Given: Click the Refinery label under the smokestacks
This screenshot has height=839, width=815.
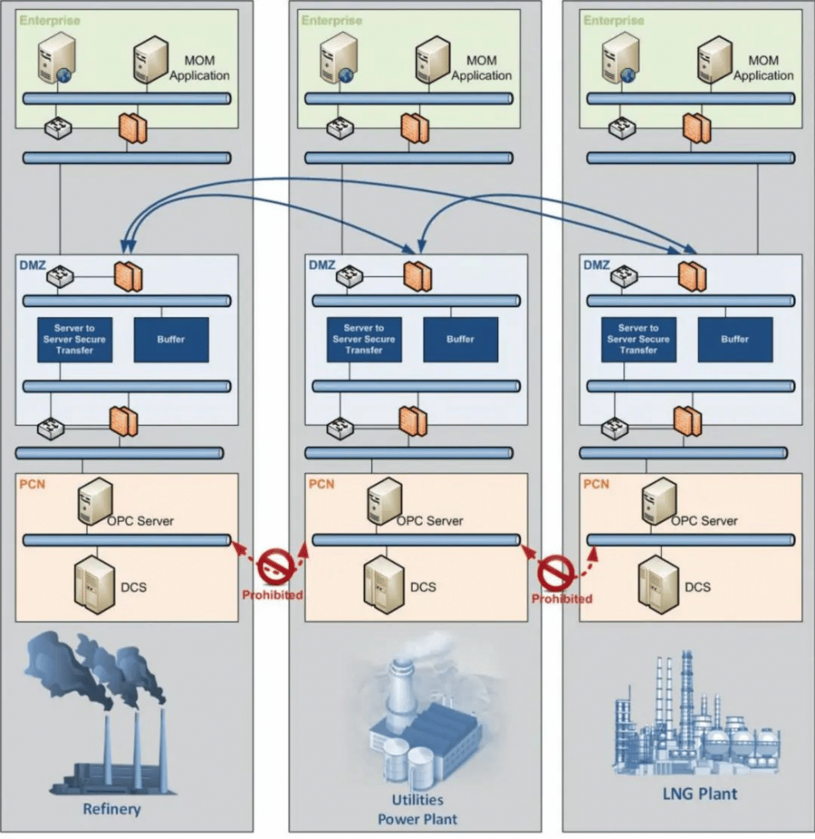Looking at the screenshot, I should coord(111,810).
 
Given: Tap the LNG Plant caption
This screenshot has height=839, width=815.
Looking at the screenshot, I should coord(700,793).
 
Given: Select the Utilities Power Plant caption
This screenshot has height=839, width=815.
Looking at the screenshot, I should coord(417,809).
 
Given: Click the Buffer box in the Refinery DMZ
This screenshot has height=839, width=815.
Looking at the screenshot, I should coord(170,339).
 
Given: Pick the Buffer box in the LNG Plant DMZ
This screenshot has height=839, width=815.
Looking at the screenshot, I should coord(735,339).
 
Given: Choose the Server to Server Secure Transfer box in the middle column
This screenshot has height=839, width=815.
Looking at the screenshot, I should coord(364,339).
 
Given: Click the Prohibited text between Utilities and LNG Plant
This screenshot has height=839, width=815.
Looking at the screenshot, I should coord(561,599).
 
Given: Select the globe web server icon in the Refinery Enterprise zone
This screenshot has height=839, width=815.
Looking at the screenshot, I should coord(57,59).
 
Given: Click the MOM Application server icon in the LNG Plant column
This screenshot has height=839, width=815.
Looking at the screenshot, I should coord(713,59).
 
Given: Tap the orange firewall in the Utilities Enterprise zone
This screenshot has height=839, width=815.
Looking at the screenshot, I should coord(413,128).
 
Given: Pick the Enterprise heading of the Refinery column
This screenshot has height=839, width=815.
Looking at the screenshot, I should coord(50,20).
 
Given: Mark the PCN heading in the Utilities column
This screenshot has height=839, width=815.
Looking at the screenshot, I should coord(322,484).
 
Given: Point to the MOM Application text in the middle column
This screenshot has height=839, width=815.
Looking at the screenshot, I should coord(481,68).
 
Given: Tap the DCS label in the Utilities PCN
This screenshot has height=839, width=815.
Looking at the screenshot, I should coord(423,587).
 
